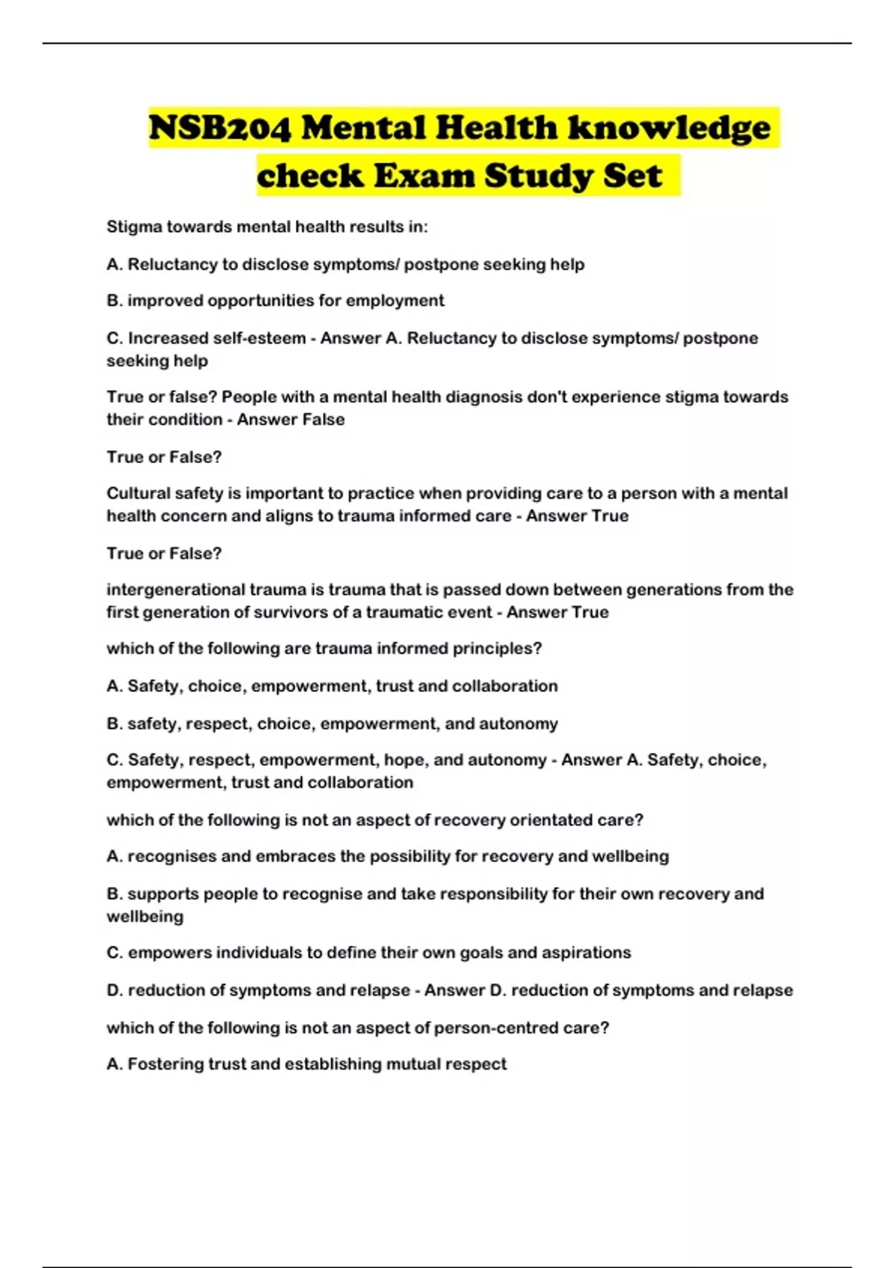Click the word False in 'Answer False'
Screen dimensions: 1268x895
coord(323,419)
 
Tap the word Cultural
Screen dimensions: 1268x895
coord(137,493)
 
